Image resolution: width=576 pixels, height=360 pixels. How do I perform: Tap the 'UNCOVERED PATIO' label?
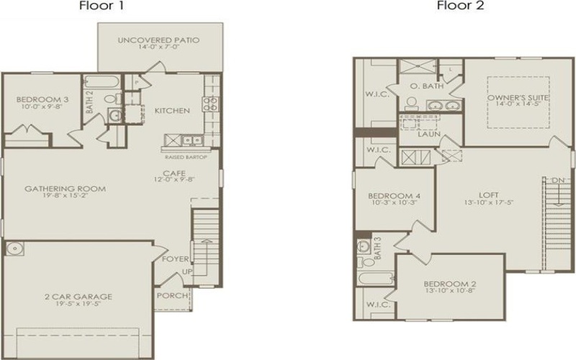(x=158, y=40)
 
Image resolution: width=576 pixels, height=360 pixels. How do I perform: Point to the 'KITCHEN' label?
(x=172, y=111)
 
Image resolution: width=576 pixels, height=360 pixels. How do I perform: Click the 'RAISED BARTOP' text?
(x=186, y=156)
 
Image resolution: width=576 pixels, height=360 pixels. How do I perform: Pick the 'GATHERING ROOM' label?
(x=65, y=189)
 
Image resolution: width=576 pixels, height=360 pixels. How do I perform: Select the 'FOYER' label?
(x=176, y=258)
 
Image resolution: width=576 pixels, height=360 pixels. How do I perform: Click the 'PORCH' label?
(x=173, y=295)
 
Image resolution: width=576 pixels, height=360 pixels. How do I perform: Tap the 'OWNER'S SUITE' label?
(x=508, y=97)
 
